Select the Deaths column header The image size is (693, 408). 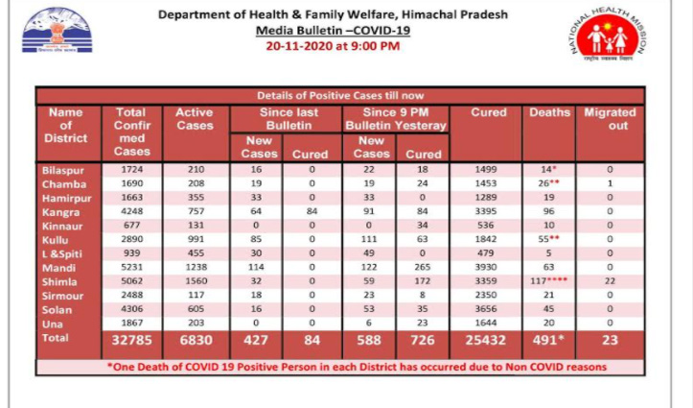(x=550, y=113)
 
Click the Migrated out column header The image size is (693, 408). (x=610, y=119)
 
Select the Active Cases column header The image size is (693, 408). (x=195, y=119)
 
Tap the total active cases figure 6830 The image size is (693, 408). (x=195, y=339)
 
